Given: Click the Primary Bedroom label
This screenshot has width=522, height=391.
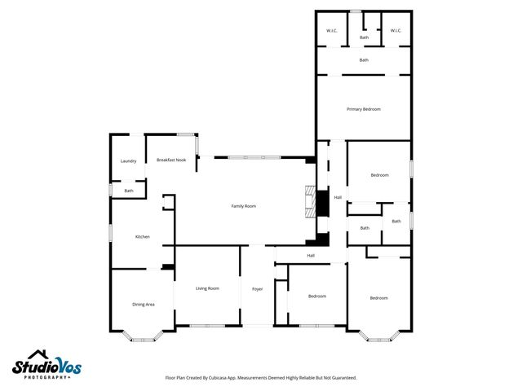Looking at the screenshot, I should pos(364,109).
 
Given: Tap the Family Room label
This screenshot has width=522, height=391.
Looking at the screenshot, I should pos(244,206).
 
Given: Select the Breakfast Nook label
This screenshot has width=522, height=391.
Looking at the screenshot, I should pos(171,160).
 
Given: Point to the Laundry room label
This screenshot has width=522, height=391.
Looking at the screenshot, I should pos(128,161).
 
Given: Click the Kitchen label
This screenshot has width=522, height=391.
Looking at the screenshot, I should pos(143,237).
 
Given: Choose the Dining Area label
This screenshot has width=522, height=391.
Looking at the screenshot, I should pos(144,304).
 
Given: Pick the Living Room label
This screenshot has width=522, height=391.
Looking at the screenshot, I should pos(207,288).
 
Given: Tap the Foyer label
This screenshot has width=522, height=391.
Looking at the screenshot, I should pos(257,289).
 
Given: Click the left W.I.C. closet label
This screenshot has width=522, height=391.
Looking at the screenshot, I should pos(332,31).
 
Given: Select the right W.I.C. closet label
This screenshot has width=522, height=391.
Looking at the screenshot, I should pos(396,31).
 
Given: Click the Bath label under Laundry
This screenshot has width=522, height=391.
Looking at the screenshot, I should pos(129,191).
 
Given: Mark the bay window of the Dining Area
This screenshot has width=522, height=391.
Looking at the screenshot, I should pos(143,336).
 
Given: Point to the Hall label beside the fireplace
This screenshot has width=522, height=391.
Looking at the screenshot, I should pos(338,196).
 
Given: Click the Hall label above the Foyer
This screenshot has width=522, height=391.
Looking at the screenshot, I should pos(311,256).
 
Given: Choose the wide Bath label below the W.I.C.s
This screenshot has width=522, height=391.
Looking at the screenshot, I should pos(364,59).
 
